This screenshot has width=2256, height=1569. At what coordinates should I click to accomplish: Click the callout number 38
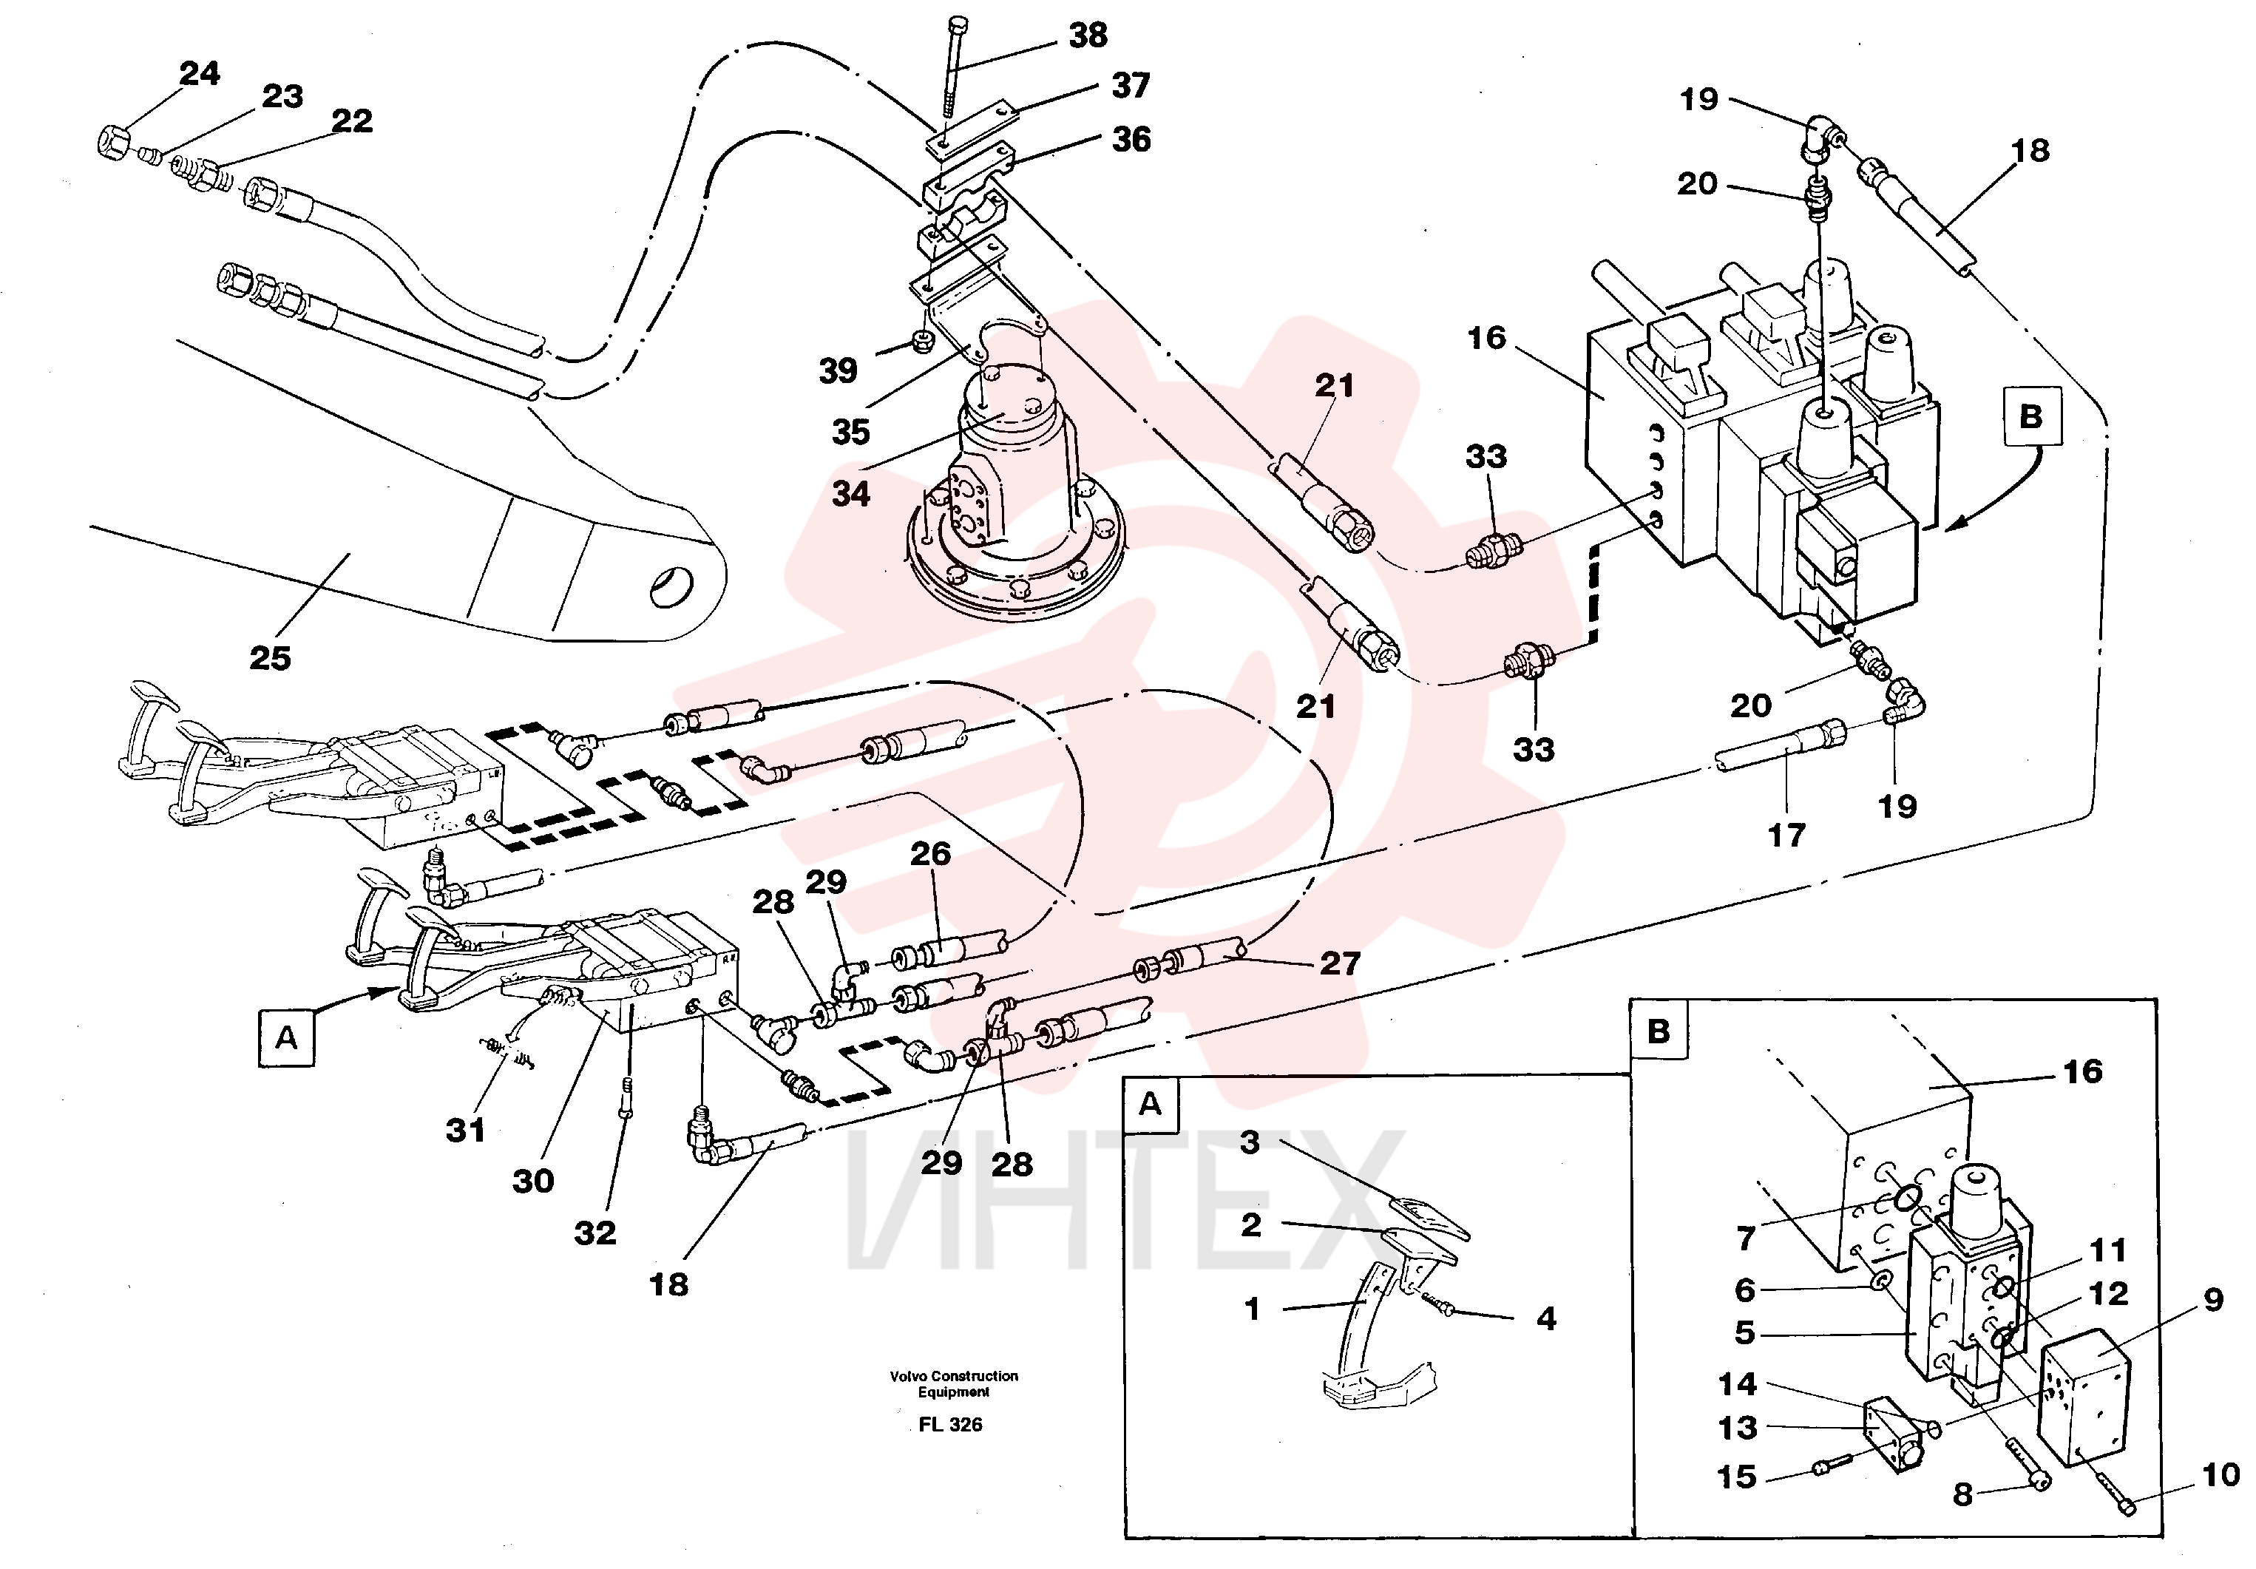point(1088,35)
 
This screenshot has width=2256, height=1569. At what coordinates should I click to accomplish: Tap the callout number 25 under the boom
point(270,657)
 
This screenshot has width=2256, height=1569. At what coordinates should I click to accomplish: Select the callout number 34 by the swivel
point(851,493)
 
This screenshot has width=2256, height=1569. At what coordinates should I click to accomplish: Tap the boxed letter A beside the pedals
point(286,1037)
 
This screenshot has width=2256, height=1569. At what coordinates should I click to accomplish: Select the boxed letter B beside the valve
point(2031,416)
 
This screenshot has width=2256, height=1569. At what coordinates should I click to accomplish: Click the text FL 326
point(950,1425)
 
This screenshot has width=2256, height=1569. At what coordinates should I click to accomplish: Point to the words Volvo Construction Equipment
point(954,1383)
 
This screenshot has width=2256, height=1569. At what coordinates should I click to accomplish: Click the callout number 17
point(1786,835)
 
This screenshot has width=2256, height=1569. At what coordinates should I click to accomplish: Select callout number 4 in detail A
point(1547,1318)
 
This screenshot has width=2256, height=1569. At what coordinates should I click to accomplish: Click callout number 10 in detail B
point(2221,1474)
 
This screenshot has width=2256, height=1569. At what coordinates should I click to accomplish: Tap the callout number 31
point(466,1131)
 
